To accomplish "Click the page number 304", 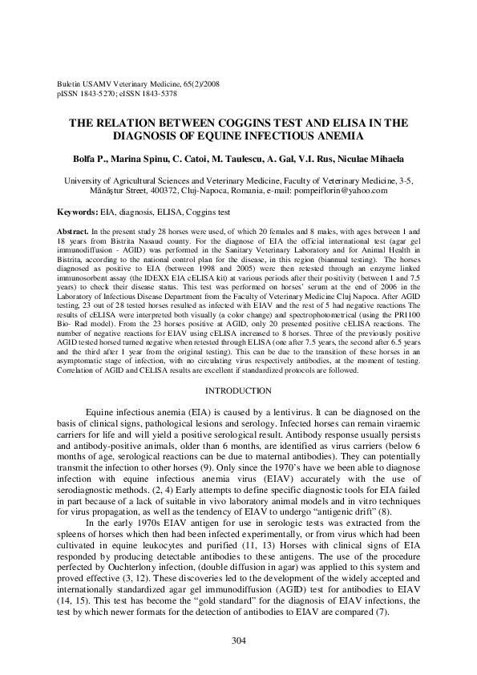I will (x=238, y=641).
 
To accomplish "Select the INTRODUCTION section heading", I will (x=238, y=390).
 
